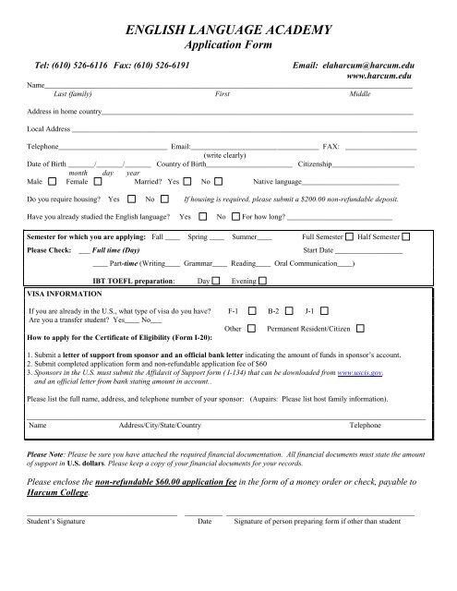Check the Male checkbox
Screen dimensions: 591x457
click(x=51, y=182)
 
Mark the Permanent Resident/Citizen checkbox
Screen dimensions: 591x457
click(x=360, y=329)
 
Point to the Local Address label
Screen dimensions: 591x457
click(x=49, y=129)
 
